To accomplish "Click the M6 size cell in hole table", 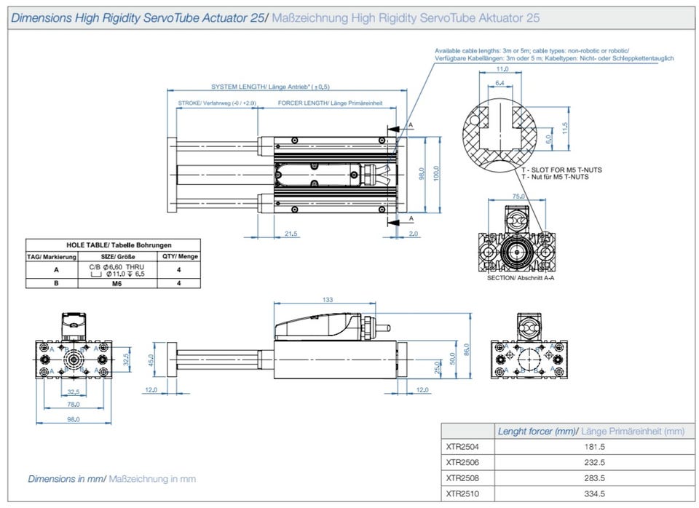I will point(116,284).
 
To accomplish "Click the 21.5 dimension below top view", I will point(290,233).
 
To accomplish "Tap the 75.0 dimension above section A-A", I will point(518,197).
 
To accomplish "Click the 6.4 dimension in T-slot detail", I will point(499,84).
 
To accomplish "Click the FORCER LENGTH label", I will point(330,103).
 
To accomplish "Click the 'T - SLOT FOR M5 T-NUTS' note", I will point(561,170).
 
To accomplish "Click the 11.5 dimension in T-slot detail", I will point(564,128).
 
